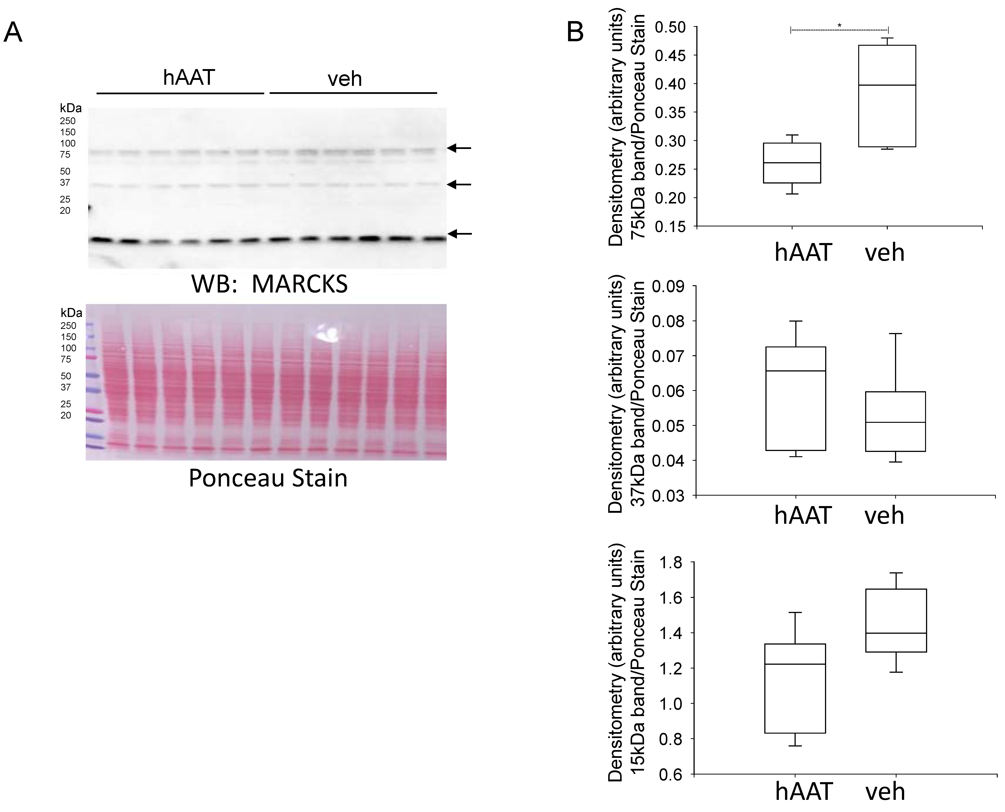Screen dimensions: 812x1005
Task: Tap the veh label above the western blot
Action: [345, 79]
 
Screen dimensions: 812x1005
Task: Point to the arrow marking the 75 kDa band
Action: [459, 148]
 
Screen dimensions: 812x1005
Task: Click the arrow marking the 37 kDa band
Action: [459, 185]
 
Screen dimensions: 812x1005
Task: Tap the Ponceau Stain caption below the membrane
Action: [268, 478]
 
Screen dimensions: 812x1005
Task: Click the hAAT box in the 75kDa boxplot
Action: [792, 163]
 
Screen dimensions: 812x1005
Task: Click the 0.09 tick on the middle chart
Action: [667, 286]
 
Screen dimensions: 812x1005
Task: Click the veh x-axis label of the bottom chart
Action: [885, 791]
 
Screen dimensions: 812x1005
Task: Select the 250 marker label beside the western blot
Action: [68, 121]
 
